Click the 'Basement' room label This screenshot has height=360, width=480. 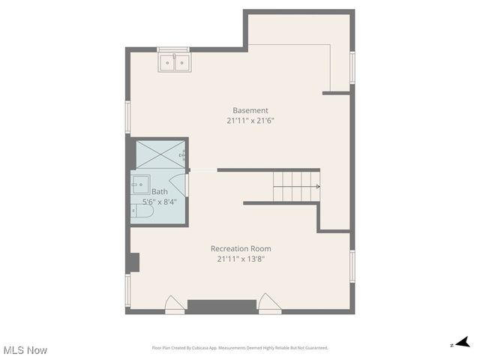tap(250, 110)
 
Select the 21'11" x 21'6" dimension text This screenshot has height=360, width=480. tap(250, 120)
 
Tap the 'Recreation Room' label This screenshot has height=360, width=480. tap(241, 249)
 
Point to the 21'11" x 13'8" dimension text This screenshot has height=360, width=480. tap(241, 259)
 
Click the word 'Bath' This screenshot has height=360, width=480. tap(160, 192)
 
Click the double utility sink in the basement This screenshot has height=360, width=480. tap(175, 62)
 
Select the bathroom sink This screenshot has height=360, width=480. tap(140, 183)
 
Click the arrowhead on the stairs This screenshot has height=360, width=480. tap(318, 186)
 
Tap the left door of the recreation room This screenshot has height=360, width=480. tap(174, 304)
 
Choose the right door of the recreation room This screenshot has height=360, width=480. tap(268, 304)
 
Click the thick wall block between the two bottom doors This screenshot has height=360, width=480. tap(221, 306)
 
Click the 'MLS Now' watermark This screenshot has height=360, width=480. tap(25, 350)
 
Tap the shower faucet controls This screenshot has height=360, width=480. tap(182, 156)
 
